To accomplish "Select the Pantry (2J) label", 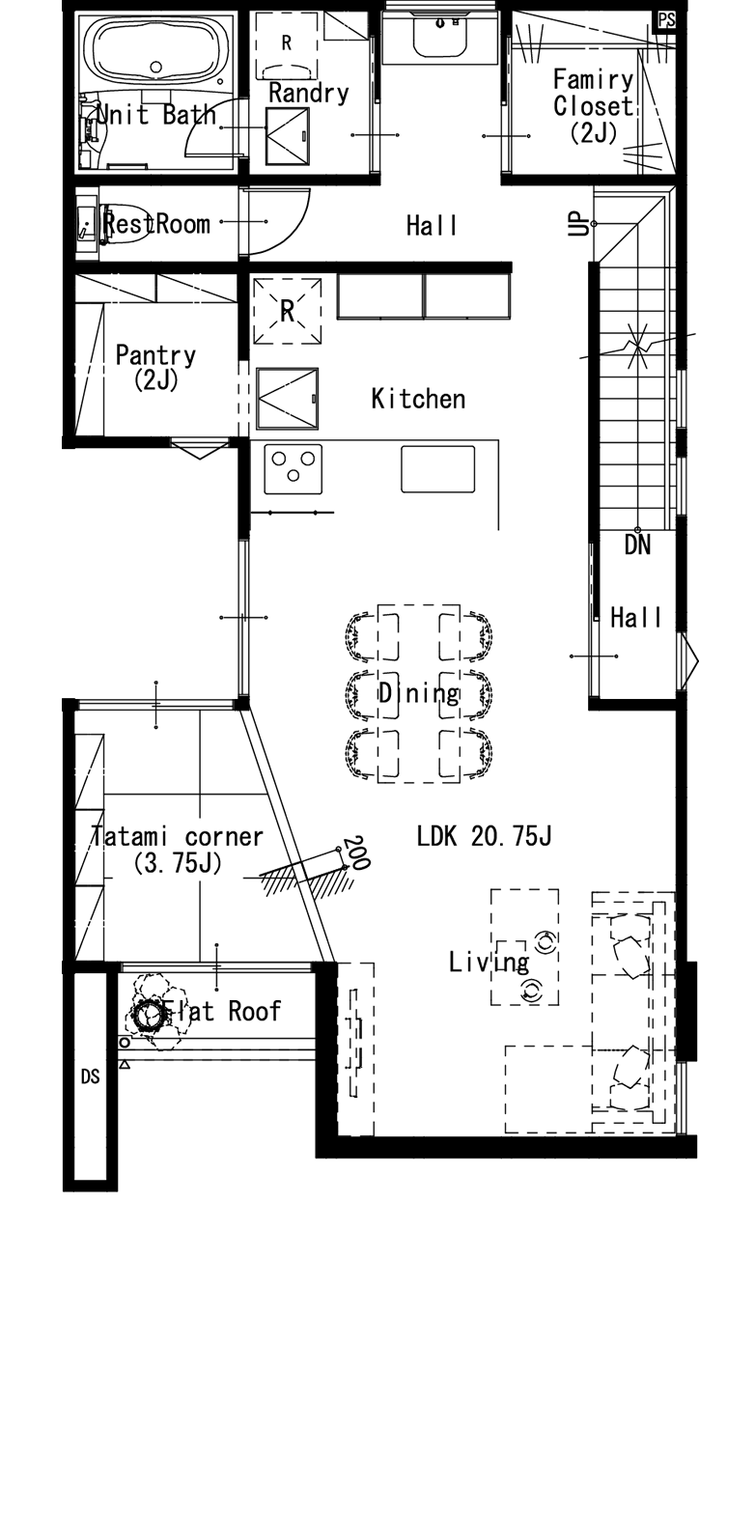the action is (x=155, y=367).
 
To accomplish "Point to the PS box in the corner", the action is (x=666, y=20).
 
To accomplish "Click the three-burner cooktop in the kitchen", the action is (x=294, y=468).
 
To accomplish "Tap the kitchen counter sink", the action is (x=438, y=468).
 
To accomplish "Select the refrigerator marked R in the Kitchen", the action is (x=288, y=311).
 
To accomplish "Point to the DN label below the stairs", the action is (x=637, y=545).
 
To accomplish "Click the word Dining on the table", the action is (x=419, y=693).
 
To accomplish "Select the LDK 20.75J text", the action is (x=485, y=836).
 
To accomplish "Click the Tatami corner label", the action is (x=177, y=836).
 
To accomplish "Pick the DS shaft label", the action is (x=90, y=1076).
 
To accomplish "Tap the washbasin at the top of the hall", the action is (x=440, y=38).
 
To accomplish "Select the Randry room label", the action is (x=308, y=93).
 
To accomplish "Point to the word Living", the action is (x=489, y=963).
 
